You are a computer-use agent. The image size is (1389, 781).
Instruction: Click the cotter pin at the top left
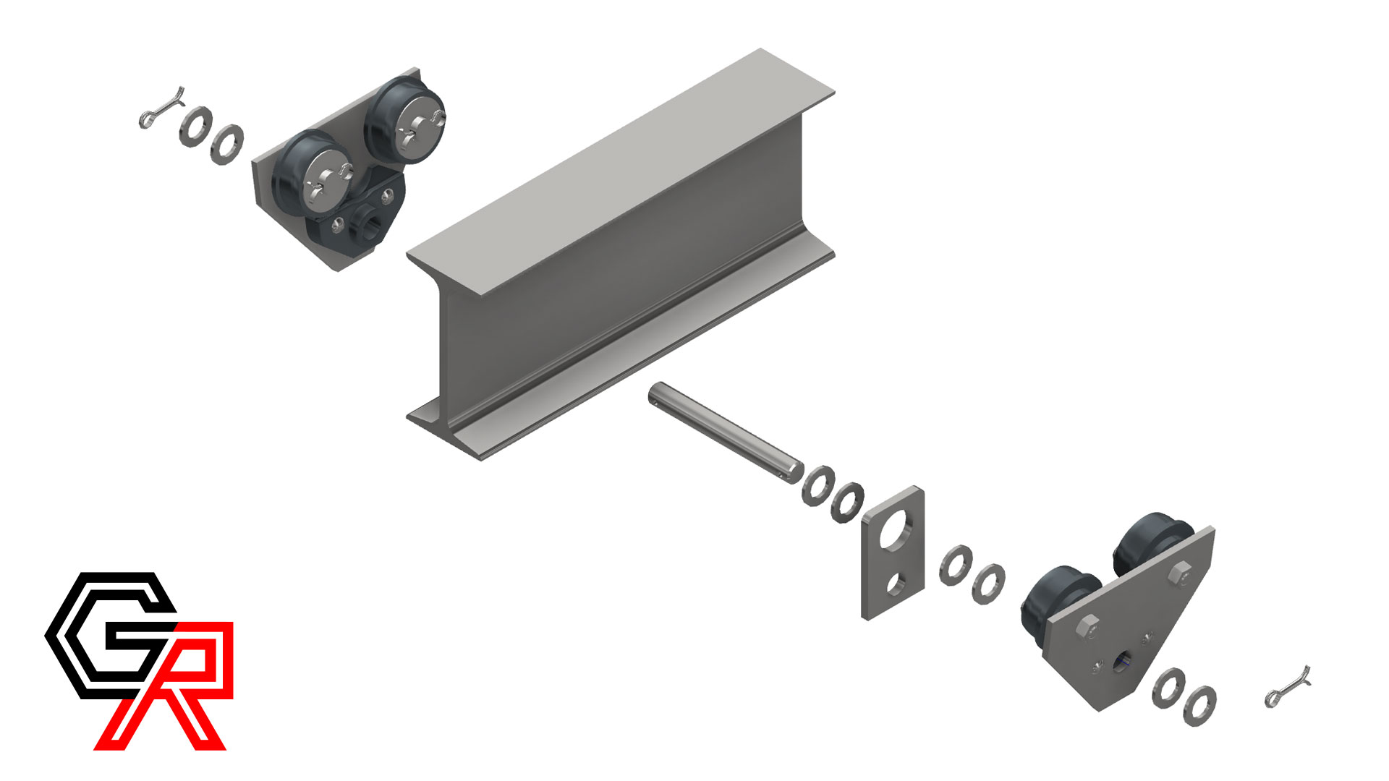(161, 108)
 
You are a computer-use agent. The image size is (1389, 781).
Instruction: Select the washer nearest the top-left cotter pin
(195, 127)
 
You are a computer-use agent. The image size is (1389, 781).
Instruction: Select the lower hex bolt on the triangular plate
(1087, 627)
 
